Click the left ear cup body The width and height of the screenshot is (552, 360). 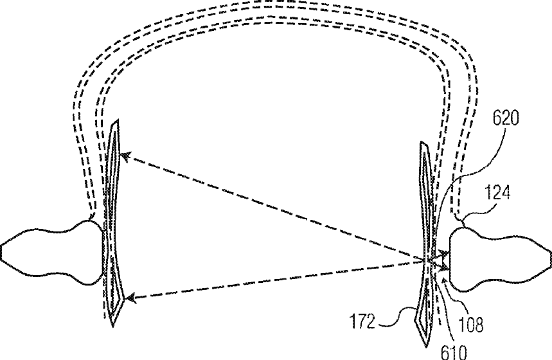coord(51,251)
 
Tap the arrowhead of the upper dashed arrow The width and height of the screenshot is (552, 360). coord(125,156)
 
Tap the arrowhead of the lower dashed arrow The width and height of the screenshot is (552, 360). coord(130,297)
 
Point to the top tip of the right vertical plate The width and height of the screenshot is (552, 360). coord(423,143)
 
